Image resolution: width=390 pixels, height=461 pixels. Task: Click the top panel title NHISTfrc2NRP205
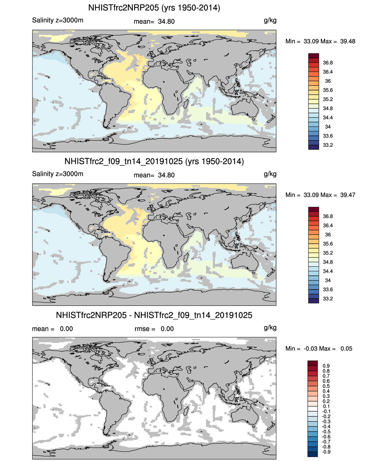pos(154,8)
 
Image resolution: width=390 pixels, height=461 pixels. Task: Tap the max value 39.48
pos(348,41)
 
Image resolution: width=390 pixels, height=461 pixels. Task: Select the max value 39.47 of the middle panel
pos(348,195)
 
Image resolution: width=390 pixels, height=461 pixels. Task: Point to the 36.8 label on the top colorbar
pos(328,63)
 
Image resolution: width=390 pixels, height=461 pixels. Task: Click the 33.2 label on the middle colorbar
pos(328,299)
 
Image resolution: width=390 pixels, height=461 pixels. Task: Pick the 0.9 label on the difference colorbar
pos(326,366)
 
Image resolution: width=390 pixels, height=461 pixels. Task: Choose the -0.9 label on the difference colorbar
pos(326,452)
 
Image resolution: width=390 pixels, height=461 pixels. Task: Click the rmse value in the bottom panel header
pos(167,329)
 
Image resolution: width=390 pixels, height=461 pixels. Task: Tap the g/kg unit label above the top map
pos(270,20)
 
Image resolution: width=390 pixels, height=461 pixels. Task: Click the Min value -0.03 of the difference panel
pos(310,348)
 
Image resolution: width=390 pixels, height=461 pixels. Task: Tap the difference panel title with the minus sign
pos(154,315)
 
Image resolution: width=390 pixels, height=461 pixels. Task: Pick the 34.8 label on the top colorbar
pos(328,108)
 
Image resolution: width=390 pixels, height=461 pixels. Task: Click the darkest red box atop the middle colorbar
pos(314,209)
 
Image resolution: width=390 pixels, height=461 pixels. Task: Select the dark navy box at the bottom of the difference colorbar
pos(312,454)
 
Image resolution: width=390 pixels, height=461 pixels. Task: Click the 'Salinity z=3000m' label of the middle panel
pos(58,174)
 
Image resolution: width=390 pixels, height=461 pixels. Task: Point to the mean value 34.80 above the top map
pos(166,22)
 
